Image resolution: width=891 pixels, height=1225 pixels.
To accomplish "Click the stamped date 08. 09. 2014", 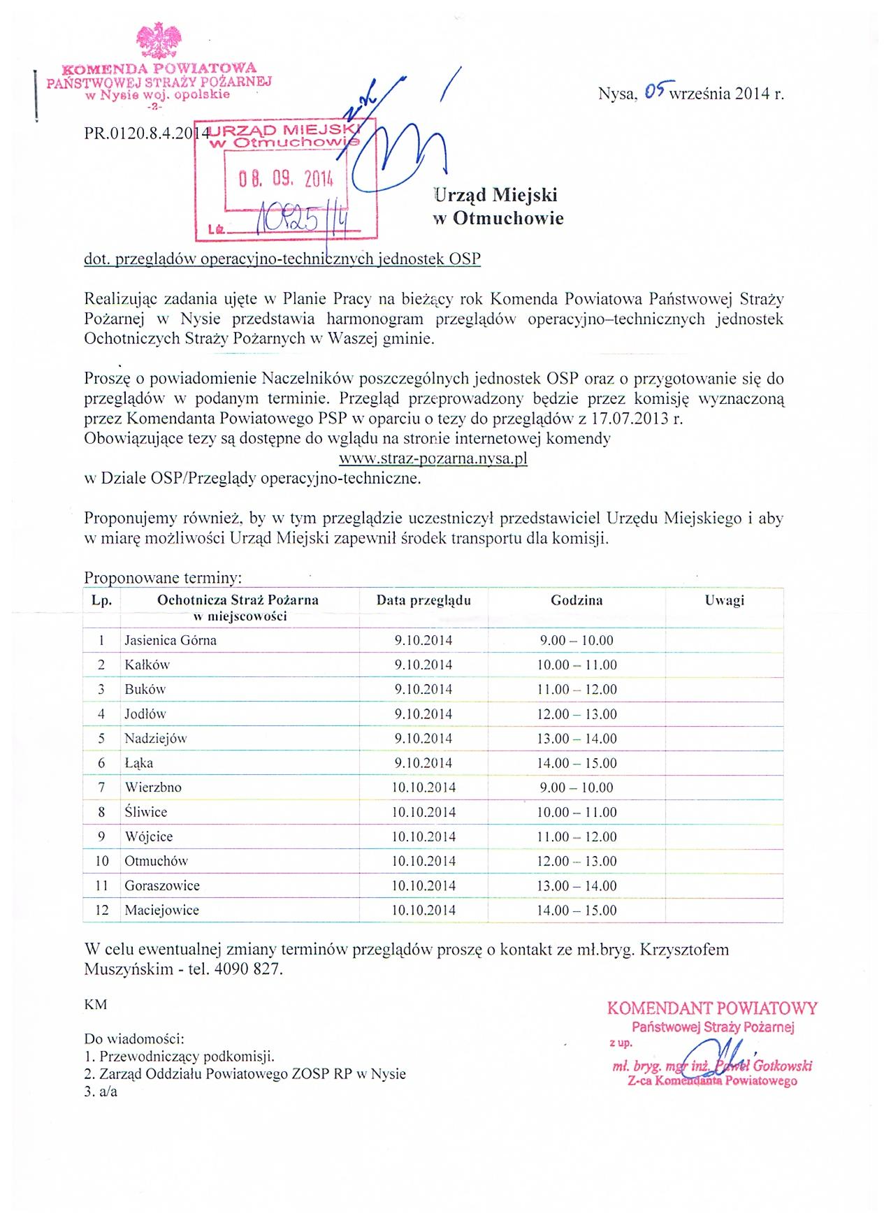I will click(x=286, y=179).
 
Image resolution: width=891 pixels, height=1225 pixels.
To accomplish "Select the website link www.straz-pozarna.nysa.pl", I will click(x=433, y=459).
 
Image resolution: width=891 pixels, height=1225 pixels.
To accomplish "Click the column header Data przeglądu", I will click(x=423, y=600).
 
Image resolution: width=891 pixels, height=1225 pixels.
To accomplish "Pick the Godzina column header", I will click(x=577, y=600).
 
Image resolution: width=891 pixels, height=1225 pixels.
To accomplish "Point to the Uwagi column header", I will click(x=725, y=600).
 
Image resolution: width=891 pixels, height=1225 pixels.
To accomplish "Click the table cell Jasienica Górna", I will click(x=171, y=640).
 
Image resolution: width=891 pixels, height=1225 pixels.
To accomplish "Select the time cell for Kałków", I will click(x=577, y=665).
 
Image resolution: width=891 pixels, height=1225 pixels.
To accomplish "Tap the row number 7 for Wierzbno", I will click(x=101, y=788).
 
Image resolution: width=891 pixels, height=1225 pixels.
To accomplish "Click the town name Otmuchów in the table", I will click(x=157, y=861).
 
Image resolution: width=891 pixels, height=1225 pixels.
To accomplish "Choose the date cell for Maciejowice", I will click(x=423, y=910).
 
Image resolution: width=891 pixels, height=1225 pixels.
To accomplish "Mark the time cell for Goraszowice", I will click(x=577, y=885).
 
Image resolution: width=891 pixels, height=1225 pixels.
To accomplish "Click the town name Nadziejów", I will click(x=156, y=738).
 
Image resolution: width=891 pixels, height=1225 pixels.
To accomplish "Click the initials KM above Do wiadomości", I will click(x=96, y=1005).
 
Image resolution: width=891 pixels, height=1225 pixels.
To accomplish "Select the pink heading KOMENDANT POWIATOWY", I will click(x=712, y=1008).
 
